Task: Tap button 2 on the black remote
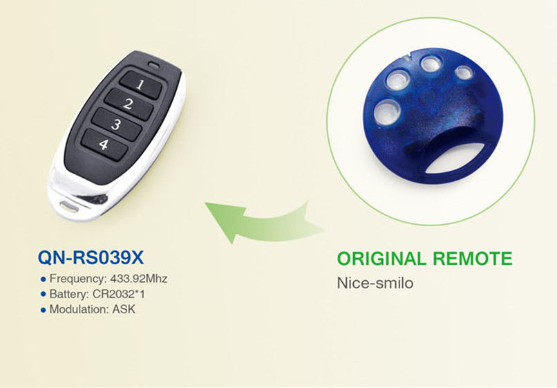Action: pos(129,104)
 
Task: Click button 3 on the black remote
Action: pos(116,124)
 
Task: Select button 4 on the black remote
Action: pos(104,145)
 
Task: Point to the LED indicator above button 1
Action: pos(153,65)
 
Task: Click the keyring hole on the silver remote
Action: pos(69,207)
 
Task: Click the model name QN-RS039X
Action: pos(91,257)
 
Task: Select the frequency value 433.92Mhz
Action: pos(138,279)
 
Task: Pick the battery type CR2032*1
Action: pos(118,294)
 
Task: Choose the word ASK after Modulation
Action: pos(124,309)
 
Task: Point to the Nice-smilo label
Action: pos(375,283)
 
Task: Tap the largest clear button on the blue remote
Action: pos(387,111)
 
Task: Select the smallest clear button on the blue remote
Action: pos(464,73)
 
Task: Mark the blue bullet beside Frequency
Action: pos(44,279)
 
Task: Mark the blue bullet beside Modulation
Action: pos(44,310)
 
